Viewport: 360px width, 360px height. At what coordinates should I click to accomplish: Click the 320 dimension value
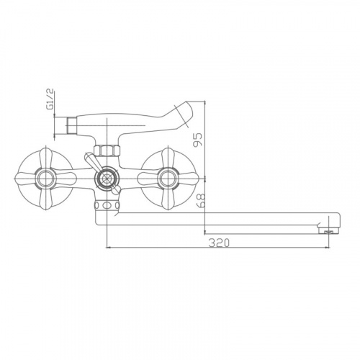point(219,243)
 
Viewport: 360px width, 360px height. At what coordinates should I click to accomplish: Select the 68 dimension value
point(202,201)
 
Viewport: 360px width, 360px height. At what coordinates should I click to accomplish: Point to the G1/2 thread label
point(51,100)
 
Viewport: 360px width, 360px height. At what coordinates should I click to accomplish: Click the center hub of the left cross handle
point(45,179)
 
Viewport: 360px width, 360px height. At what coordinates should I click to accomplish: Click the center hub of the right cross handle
point(168,179)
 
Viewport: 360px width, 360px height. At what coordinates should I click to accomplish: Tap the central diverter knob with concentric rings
point(107,179)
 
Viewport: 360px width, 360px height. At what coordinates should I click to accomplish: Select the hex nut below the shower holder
point(107,151)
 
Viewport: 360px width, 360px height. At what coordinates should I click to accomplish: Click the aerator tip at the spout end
point(328,231)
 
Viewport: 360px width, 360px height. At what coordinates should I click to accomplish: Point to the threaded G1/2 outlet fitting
point(71,125)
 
